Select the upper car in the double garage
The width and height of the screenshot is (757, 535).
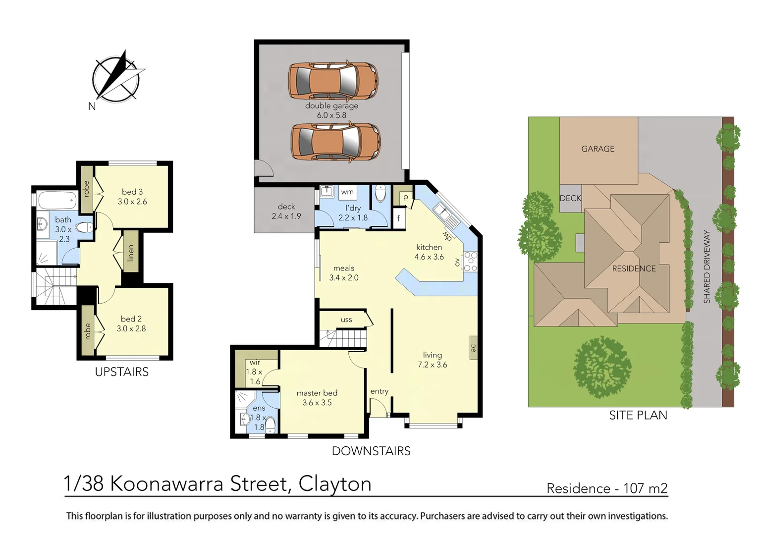coord(333,81)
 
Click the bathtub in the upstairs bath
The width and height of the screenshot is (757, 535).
coord(57,201)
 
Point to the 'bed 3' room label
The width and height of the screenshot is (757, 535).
coord(132,192)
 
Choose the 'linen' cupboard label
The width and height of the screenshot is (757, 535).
coord(131,253)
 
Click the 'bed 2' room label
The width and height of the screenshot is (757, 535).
coord(131,319)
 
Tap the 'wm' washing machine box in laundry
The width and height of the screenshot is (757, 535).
coord(347,192)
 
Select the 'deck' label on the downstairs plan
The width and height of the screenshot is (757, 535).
coord(286,207)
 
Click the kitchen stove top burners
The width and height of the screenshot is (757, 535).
coord(470,262)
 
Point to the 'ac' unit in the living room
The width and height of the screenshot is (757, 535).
coord(473,348)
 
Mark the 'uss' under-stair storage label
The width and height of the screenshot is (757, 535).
coord(346,320)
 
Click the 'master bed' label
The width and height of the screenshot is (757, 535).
coord(317,393)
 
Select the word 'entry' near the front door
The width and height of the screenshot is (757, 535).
coord(379,391)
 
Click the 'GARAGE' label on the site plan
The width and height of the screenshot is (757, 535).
coord(598,149)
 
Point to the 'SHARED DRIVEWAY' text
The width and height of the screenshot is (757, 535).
coord(707,267)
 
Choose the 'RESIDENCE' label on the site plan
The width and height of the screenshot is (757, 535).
coord(634,268)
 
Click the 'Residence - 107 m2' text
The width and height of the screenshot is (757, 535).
coord(607,488)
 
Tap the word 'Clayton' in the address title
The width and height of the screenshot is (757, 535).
coord(335,484)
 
